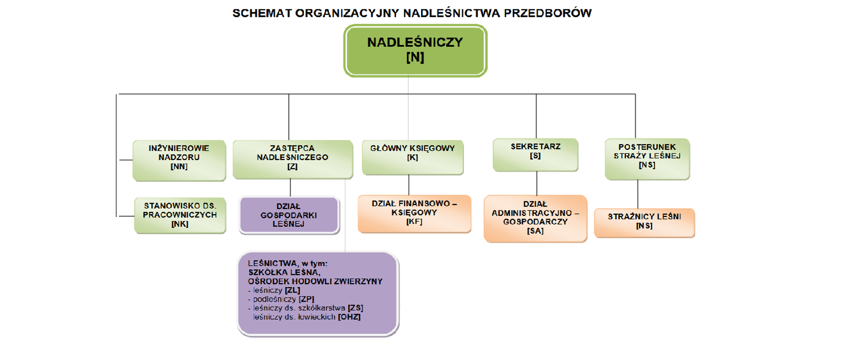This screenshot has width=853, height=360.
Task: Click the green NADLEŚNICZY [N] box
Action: pos(415,50)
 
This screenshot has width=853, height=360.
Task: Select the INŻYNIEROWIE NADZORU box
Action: pos(179,160)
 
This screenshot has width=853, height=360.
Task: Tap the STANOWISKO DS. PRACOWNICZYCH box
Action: pos(180,215)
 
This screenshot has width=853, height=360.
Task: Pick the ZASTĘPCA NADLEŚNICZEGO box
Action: pos(292,159)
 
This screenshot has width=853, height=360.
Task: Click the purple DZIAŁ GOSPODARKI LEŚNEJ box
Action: pos(289,215)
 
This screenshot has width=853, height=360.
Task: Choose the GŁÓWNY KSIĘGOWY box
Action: pos(412,156)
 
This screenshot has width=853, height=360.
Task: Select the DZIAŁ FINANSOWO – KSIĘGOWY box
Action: pos(414,213)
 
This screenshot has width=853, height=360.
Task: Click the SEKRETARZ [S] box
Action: pos(535,154)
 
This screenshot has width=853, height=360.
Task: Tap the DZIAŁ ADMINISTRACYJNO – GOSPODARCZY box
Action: pos(535,218)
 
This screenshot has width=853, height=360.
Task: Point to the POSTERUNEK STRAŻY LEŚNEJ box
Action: pos(647,159)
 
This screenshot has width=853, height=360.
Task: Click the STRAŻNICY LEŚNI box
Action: pos(644,223)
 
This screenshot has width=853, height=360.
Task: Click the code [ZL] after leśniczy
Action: pos(292,290)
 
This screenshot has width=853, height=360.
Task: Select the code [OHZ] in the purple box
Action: pos(349,317)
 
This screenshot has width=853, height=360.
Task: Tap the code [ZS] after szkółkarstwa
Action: pos(355,308)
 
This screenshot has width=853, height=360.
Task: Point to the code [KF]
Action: pos(414,221)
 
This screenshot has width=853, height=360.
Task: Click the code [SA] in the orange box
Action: pos(535,231)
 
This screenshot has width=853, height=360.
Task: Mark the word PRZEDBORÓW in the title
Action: pos(547,13)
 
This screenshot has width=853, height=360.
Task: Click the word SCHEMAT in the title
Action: pos(262,13)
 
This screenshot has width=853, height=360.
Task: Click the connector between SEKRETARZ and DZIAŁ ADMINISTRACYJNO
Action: pos(537,183)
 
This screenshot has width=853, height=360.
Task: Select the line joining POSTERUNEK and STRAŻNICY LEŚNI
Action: pos(638,194)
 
